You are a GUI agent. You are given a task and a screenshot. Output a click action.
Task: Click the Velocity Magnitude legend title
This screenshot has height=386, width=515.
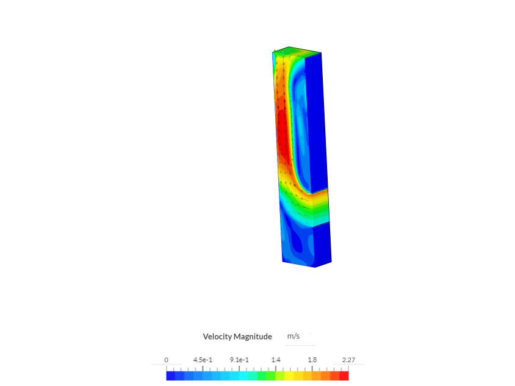click(x=237, y=337)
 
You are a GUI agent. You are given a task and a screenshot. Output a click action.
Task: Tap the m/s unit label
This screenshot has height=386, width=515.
click(x=294, y=336)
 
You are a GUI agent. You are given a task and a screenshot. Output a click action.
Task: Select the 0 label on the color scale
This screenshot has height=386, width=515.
click(x=166, y=360)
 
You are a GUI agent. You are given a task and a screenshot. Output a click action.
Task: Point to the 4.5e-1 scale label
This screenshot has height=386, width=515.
click(x=203, y=360)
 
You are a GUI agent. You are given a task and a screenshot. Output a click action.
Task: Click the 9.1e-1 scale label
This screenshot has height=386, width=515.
click(x=239, y=360)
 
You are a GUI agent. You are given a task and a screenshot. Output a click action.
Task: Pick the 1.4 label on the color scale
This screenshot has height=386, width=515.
click(x=276, y=360)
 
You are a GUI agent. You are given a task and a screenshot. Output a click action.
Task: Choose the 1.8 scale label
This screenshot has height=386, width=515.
click(x=312, y=360)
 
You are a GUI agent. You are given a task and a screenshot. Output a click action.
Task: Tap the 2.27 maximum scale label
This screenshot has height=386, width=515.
click(x=348, y=360)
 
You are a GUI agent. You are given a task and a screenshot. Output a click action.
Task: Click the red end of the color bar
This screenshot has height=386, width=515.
click(x=344, y=376)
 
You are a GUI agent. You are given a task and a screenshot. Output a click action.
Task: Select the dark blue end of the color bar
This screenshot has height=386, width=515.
click(x=170, y=376)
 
